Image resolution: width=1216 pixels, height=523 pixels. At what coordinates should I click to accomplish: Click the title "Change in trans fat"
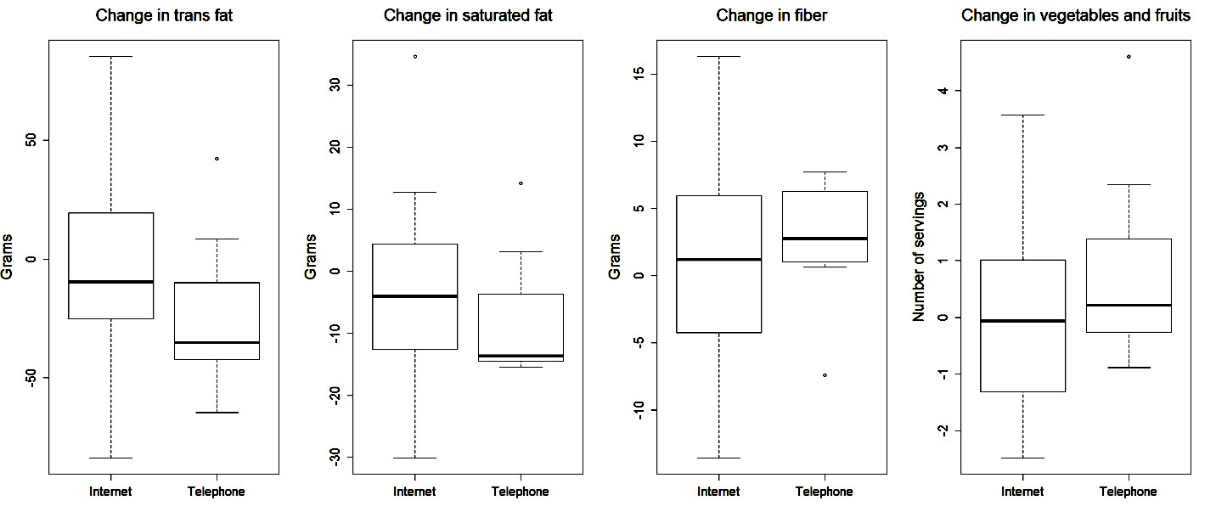(x=164, y=15)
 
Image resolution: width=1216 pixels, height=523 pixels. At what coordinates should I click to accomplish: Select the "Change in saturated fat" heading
(x=468, y=15)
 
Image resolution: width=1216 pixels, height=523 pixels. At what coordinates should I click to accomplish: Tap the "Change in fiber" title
(x=772, y=15)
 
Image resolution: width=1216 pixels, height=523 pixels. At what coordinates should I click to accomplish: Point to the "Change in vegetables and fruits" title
(x=1075, y=15)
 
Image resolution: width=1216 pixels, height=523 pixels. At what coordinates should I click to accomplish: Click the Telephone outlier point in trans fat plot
(x=217, y=159)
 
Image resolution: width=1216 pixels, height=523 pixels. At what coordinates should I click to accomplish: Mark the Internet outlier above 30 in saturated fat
(x=415, y=57)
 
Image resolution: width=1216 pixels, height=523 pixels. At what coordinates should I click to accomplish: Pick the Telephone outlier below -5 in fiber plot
(x=825, y=375)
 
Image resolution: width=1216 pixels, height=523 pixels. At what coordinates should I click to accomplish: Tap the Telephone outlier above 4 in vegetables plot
(x=1129, y=57)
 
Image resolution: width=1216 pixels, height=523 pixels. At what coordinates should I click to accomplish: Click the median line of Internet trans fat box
(x=111, y=281)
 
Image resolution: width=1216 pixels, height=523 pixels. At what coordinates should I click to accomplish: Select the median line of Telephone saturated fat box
(x=521, y=356)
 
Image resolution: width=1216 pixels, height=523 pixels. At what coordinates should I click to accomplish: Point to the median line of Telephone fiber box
(x=825, y=239)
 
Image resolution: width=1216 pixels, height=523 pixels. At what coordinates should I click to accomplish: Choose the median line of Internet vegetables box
(x=1023, y=321)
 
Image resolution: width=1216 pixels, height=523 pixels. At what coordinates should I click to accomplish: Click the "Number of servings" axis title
(x=918, y=256)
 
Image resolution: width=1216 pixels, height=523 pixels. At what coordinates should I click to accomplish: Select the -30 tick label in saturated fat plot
(x=334, y=458)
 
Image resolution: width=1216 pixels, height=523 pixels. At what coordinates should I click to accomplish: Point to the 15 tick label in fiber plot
(x=638, y=74)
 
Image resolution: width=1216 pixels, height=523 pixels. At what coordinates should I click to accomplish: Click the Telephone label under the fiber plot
(x=825, y=492)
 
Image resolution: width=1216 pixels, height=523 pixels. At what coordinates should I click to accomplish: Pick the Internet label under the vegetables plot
(x=1023, y=492)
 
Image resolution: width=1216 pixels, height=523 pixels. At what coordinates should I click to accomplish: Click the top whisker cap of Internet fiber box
(x=719, y=57)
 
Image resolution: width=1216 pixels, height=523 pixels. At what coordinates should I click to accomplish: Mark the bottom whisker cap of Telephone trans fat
(x=217, y=413)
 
